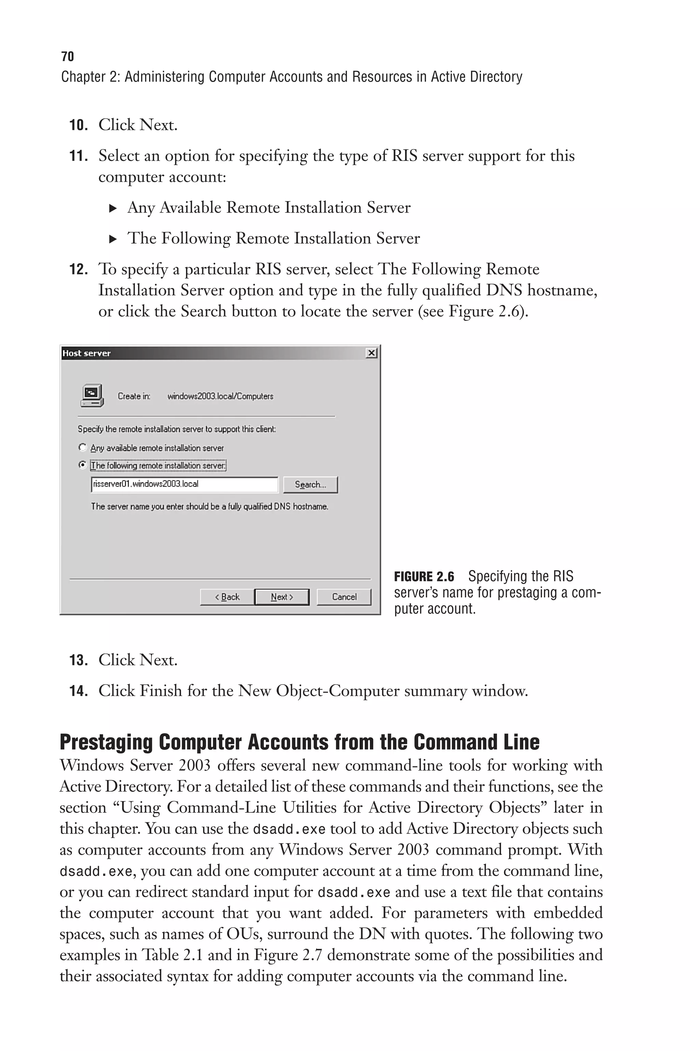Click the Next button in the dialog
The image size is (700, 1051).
click(282, 597)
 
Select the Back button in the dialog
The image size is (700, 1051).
click(227, 597)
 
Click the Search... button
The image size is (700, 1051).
click(310, 485)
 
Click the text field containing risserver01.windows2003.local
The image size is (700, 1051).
click(184, 484)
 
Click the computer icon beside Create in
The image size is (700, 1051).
click(92, 396)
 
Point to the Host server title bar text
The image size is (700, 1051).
click(86, 353)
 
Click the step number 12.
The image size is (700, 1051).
click(78, 270)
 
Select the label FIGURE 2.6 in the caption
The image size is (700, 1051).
click(424, 577)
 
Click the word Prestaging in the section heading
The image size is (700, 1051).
click(106, 742)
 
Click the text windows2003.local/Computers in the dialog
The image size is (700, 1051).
click(220, 396)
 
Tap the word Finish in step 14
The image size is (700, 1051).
click(161, 691)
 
